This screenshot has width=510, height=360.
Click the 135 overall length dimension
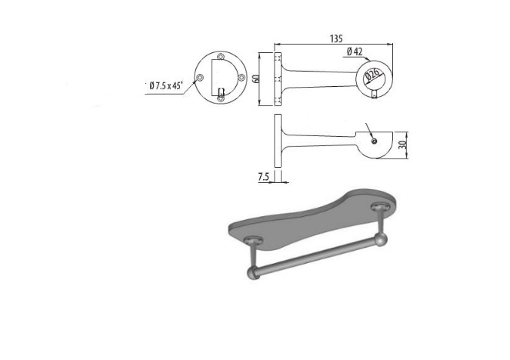point(336,38)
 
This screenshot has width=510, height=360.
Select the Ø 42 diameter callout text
point(355,52)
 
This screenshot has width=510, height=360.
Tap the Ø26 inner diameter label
point(372,75)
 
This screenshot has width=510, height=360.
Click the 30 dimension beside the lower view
point(404,145)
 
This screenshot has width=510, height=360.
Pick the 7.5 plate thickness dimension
point(263,177)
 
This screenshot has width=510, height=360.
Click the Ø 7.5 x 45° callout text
point(166,86)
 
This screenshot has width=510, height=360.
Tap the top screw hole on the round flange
point(221,56)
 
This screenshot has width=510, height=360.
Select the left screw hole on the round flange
point(200,78)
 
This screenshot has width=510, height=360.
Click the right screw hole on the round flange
point(242,78)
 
